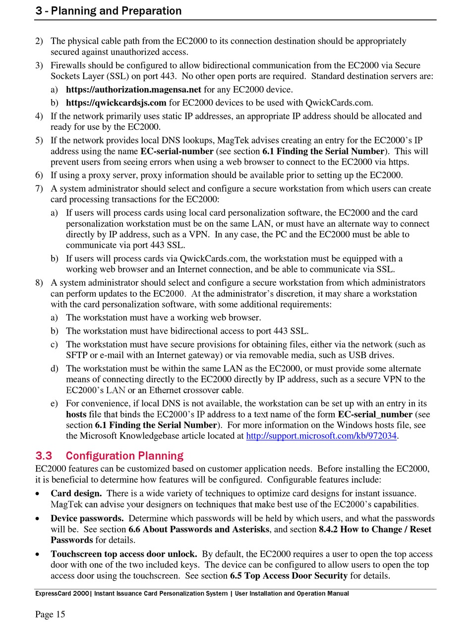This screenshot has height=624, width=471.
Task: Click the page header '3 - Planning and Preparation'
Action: coord(109,10)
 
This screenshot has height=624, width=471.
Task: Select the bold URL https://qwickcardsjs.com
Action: coord(116,103)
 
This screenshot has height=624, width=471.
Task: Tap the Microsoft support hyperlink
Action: coord(322,436)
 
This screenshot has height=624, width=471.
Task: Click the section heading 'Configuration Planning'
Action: coord(124,456)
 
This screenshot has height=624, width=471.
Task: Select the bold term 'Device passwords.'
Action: coord(87,519)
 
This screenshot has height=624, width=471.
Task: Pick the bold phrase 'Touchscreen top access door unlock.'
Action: coord(124,554)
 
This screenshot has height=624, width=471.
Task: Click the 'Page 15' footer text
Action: coord(50,614)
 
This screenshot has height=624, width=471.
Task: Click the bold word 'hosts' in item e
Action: coord(76,414)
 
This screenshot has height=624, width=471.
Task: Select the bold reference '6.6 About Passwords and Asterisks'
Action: coord(199,529)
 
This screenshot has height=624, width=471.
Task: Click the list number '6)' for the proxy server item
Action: coord(39,175)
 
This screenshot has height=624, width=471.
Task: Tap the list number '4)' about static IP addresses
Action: coord(39,116)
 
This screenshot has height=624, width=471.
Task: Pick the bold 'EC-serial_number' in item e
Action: coord(375,414)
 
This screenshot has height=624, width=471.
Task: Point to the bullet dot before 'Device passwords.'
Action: coord(38,519)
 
